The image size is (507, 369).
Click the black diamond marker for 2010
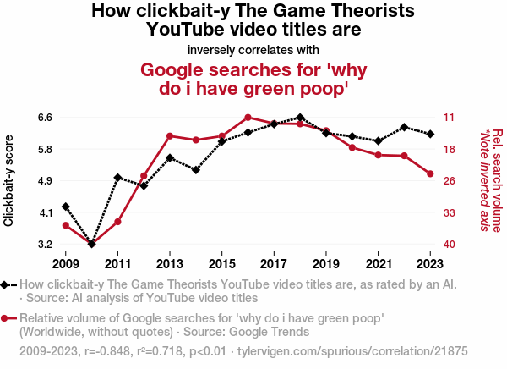click(x=91, y=244)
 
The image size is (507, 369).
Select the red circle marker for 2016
click(x=248, y=118)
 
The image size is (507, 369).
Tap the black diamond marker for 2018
click(x=300, y=118)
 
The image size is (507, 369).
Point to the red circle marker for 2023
click(x=430, y=173)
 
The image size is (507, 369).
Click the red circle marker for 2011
click(x=117, y=222)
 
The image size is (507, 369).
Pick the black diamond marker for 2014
click(x=196, y=170)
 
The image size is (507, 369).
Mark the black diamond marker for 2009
click(x=66, y=207)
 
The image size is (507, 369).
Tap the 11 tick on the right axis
click(x=450, y=118)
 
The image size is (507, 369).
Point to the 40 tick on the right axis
click(x=450, y=245)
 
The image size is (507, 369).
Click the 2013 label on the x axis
click(x=170, y=253)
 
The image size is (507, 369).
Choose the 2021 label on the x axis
click(x=378, y=253)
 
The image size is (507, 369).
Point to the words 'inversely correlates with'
click(x=253, y=49)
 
